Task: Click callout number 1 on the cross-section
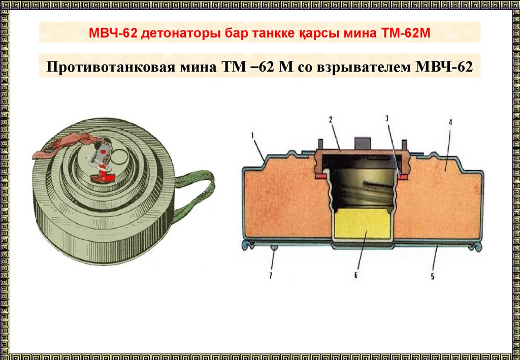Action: pyautogui.click(x=253, y=135)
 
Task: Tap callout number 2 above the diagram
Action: pyautogui.click(x=331, y=120)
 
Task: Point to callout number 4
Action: pyautogui.click(x=450, y=122)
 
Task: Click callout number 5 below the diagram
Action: pyautogui.click(x=433, y=276)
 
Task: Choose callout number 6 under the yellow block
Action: pyautogui.click(x=356, y=275)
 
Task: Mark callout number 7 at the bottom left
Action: pyautogui.click(x=271, y=276)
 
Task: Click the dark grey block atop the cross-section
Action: pyautogui.click(x=362, y=143)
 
